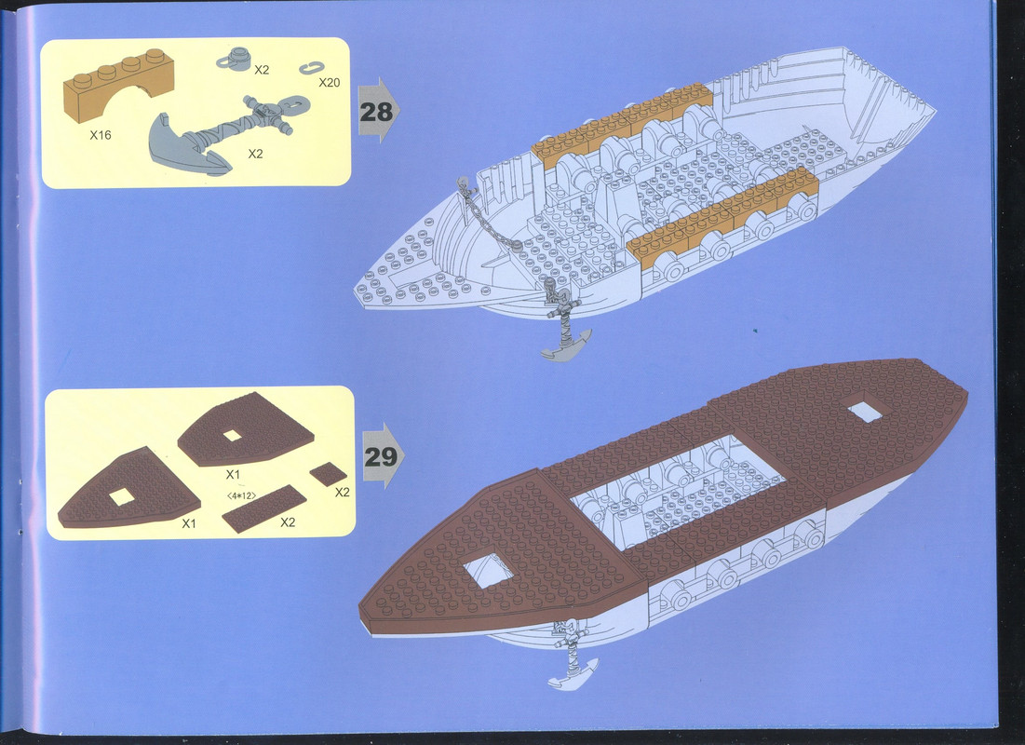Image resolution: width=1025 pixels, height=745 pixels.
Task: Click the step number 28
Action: point(376,112)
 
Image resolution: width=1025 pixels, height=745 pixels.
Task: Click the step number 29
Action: point(381,456)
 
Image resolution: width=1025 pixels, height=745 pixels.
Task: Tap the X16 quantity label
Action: point(101,135)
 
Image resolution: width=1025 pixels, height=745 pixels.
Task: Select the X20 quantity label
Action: point(330,83)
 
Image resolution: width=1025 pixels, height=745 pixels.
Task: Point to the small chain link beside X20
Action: point(312,67)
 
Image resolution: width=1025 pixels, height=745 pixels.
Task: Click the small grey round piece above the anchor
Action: point(234,59)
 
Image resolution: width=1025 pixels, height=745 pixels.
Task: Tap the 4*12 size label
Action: point(241,495)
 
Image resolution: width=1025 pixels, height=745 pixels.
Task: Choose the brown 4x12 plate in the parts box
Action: point(264,508)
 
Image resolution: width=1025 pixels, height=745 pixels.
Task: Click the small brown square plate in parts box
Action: point(328,474)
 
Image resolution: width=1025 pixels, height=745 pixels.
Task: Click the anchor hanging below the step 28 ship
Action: point(563,320)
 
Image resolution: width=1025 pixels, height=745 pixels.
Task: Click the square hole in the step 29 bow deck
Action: point(489,569)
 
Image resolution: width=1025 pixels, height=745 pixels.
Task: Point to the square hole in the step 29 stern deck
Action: point(865,412)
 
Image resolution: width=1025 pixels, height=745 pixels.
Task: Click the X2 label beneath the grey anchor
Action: point(255,154)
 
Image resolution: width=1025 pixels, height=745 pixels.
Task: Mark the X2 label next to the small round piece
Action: point(262,70)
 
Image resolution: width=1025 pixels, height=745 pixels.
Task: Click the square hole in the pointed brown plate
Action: point(122,497)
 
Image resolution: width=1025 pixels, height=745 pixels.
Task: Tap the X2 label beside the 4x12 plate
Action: point(288,521)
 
